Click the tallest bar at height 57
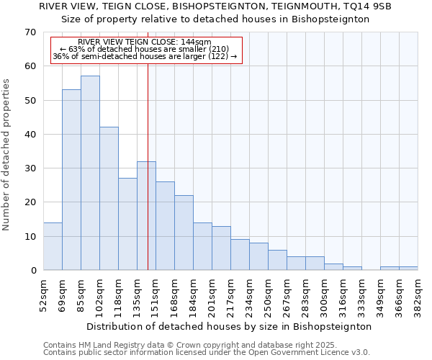coord(90,173)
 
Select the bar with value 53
coord(71,180)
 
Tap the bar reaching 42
coord(109,199)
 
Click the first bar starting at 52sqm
coord(53,246)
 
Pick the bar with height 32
coord(146,216)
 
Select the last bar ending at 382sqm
coord(408,269)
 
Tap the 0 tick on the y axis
coord(34,271)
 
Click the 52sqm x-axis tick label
coord(44,294)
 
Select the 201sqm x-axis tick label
coord(212,294)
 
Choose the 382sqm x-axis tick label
coord(418,294)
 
